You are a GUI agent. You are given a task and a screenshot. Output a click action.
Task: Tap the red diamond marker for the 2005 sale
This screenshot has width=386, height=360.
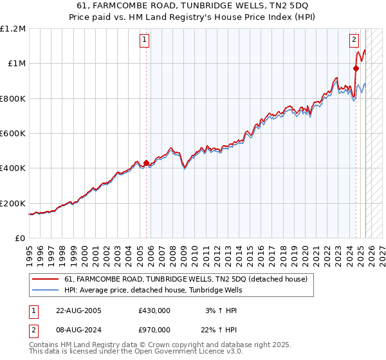tap(147, 163)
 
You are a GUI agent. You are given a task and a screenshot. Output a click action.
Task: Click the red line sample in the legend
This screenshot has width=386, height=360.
tap(45, 279)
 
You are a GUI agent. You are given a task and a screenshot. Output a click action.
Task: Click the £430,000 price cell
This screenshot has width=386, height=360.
tap(154, 310)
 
